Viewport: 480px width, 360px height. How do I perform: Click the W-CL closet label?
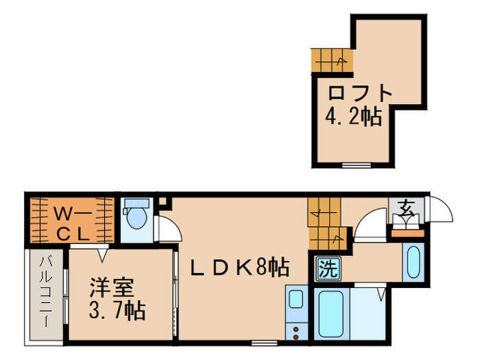coord(70,221)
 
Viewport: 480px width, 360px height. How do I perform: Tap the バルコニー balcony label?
coord(46,291)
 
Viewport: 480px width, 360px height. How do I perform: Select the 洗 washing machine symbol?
coord(327,268)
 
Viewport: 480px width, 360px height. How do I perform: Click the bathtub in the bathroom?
coord(333,313)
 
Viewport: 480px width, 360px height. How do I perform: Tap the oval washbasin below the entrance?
coord(413,261)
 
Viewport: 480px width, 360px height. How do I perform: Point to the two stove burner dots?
coord(297,333)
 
